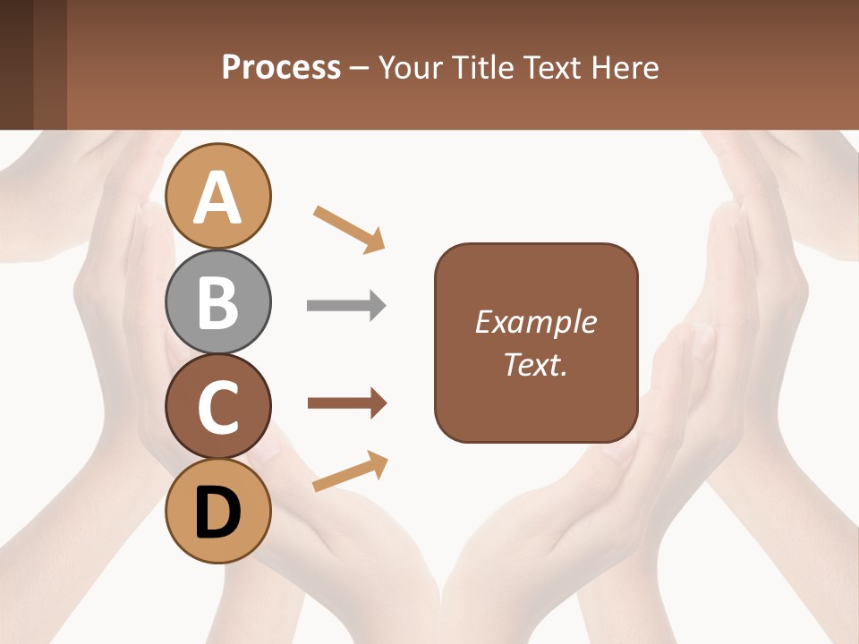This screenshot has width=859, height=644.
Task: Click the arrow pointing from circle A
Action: click(349, 229)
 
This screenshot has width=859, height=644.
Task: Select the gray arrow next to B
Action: click(346, 306)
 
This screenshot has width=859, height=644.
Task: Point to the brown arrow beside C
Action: click(346, 403)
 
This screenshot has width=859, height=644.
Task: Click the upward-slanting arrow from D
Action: click(350, 471)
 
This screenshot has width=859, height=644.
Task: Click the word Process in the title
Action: click(281, 68)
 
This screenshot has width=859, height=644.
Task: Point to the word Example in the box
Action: click(535, 322)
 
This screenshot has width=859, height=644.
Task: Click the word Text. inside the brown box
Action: click(535, 364)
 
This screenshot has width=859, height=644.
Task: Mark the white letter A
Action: click(218, 199)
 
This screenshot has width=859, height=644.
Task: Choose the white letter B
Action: click(218, 301)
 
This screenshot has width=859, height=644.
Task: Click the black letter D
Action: click(218, 513)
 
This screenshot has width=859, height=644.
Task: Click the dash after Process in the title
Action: click(359, 69)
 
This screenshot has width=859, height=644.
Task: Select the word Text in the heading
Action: click(550, 68)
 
